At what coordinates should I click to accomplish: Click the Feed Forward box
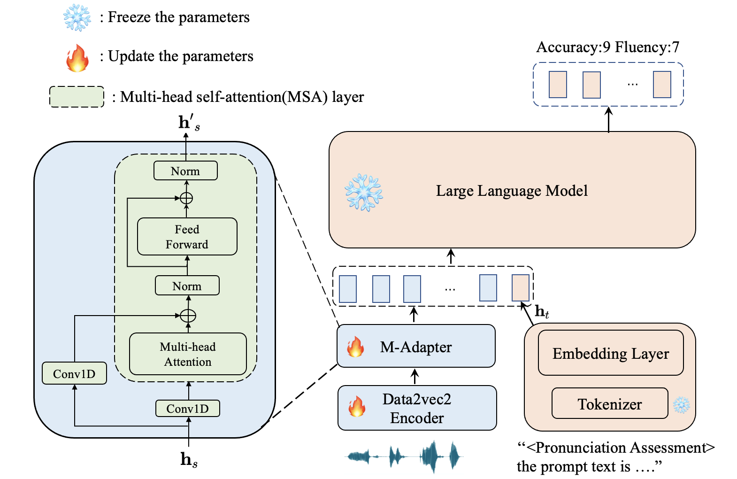pyautogui.click(x=187, y=237)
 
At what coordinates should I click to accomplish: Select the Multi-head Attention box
pyautogui.click(x=188, y=354)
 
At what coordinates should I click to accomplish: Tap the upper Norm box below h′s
pyautogui.click(x=185, y=171)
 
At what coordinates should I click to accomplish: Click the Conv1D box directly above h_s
pyautogui.click(x=187, y=409)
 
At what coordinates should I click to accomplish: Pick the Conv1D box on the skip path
pyautogui.click(x=74, y=374)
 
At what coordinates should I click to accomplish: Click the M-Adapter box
pyautogui.click(x=416, y=347)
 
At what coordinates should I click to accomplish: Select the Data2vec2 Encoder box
pyautogui.click(x=417, y=408)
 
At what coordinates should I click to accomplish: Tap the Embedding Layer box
pyautogui.click(x=610, y=353)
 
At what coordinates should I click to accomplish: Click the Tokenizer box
pyautogui.click(x=609, y=404)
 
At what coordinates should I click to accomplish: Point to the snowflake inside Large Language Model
pyautogui.click(x=364, y=193)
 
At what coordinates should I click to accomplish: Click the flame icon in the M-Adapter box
pyautogui.click(x=355, y=347)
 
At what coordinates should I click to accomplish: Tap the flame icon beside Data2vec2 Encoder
pyautogui.click(x=357, y=406)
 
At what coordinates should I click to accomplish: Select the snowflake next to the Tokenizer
pyautogui.click(x=681, y=405)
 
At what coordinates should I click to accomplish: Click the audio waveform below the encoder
pyautogui.click(x=404, y=456)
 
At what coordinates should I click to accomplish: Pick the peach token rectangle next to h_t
pyautogui.click(x=520, y=288)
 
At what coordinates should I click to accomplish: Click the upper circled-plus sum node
pyautogui.click(x=186, y=198)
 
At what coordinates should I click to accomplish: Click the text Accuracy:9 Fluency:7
pyautogui.click(x=607, y=47)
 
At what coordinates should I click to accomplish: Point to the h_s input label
pyautogui.click(x=189, y=459)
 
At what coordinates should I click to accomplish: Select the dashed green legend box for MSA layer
pyautogui.click(x=77, y=97)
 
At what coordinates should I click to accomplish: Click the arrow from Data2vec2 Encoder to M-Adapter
pyautogui.click(x=415, y=376)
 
